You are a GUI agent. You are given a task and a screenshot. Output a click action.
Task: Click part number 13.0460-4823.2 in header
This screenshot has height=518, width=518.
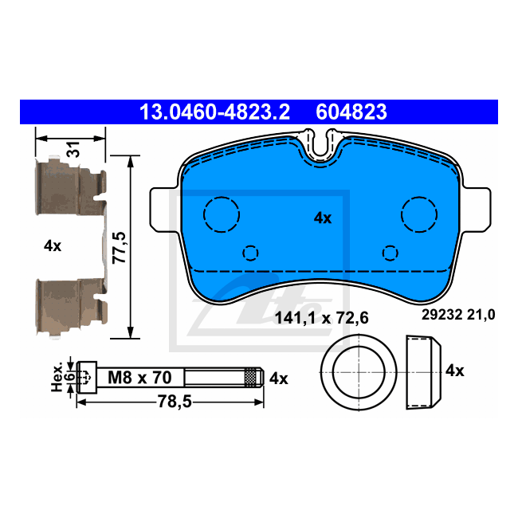tap(214, 112)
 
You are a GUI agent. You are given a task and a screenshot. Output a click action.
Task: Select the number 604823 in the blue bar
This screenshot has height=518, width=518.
tap(351, 112)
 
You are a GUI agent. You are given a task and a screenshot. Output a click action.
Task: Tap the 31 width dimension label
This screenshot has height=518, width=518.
tap(72, 150)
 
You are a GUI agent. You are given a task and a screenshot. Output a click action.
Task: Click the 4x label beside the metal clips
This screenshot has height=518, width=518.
tap(53, 246)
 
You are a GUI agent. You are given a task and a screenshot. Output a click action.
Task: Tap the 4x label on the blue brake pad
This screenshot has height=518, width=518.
tap(322, 218)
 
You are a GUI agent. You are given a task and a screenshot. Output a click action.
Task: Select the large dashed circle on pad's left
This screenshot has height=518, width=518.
tap(222, 214)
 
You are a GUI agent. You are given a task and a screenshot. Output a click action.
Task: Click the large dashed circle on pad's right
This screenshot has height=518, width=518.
tap(419, 213)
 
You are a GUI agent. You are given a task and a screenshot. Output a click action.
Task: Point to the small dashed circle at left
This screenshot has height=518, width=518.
tap(251, 253)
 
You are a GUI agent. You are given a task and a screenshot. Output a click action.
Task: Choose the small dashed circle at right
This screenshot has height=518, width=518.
tap(390, 253)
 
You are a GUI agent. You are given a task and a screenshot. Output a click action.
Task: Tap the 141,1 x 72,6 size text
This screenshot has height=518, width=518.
tap(321, 318)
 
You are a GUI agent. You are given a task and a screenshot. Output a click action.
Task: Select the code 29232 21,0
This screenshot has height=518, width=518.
tap(457, 315)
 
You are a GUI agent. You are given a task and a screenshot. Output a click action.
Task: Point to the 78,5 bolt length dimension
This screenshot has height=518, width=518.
tap(170, 402)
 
